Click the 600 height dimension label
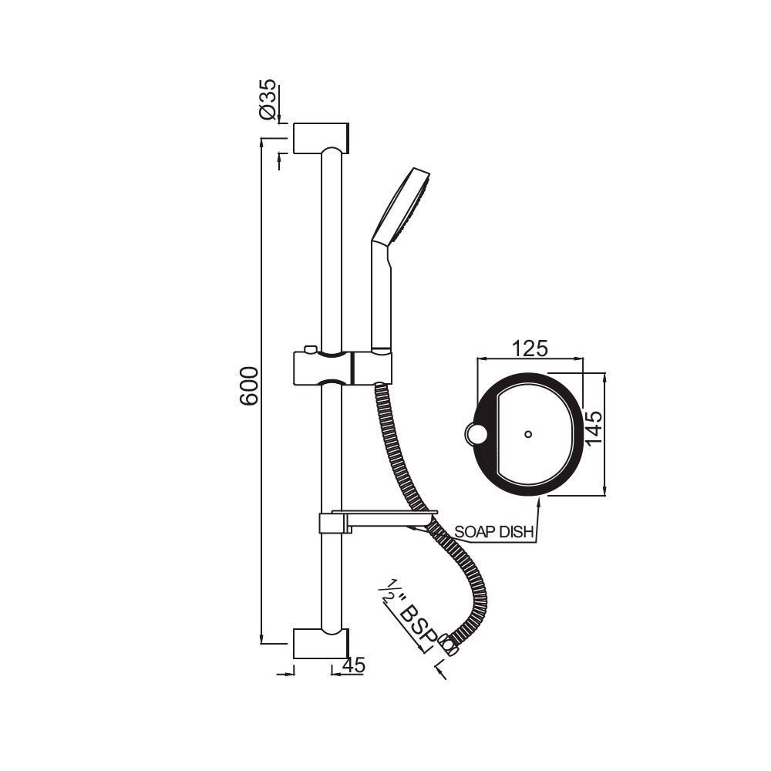tap(248, 385)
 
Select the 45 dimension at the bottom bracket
tap(355, 665)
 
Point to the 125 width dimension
tap(530, 348)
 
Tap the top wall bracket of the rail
tap(322, 138)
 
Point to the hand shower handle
tap(382, 301)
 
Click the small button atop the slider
tap(310, 350)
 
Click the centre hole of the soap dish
tap(527, 434)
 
